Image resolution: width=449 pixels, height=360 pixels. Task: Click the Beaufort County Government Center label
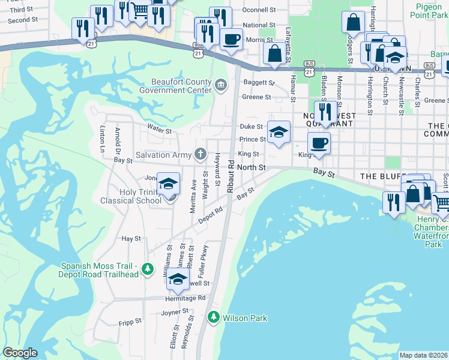click(175, 86)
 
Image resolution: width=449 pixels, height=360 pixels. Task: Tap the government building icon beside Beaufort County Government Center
click(220, 86)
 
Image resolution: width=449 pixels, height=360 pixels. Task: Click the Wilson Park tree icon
click(213, 317)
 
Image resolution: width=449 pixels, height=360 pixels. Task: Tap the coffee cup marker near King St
click(319, 143)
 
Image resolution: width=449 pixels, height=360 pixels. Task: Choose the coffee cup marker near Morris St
click(231, 40)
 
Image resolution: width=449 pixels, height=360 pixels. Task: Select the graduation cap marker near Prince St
click(279, 132)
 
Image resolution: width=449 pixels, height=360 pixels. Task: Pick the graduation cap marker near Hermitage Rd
click(178, 279)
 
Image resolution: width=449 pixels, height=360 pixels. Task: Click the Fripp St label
click(130, 321)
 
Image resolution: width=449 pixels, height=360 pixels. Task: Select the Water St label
click(160, 130)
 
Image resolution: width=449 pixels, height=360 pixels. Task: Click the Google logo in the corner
click(20, 353)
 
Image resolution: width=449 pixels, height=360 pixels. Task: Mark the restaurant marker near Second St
click(82, 28)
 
